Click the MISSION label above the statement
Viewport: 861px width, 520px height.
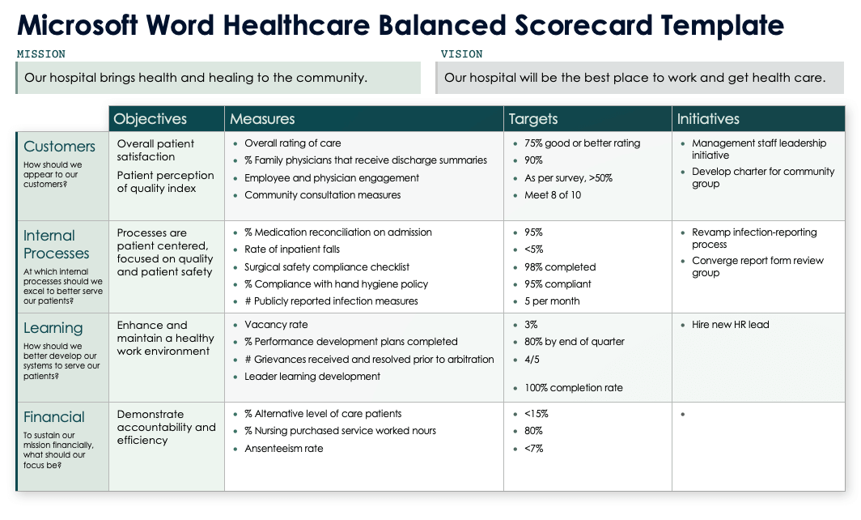coord(41,54)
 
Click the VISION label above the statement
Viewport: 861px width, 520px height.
coord(461,54)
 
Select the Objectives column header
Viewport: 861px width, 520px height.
coord(151,119)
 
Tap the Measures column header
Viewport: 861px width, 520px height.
coord(262,119)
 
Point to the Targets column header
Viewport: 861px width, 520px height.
coord(533,119)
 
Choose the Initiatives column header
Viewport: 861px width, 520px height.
coord(708,119)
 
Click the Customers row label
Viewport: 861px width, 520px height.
coord(60,147)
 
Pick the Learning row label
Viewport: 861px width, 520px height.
coord(53,328)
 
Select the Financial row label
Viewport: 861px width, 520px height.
coord(54,417)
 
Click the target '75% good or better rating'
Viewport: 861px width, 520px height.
coord(582,143)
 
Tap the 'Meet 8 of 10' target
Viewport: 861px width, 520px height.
coord(553,195)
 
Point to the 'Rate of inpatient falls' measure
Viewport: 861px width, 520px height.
coord(292,249)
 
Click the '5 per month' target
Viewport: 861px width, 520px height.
coord(553,301)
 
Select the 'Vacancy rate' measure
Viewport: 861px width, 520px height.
coord(277,325)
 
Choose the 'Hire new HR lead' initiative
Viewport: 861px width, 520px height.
coord(730,325)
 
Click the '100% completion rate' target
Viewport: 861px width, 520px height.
coord(574,388)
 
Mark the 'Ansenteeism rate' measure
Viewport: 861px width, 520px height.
coord(284,449)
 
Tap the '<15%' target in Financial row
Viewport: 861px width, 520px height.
coord(537,414)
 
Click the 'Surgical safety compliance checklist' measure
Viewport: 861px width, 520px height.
coord(327,266)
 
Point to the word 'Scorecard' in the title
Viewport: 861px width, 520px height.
coord(583,25)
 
